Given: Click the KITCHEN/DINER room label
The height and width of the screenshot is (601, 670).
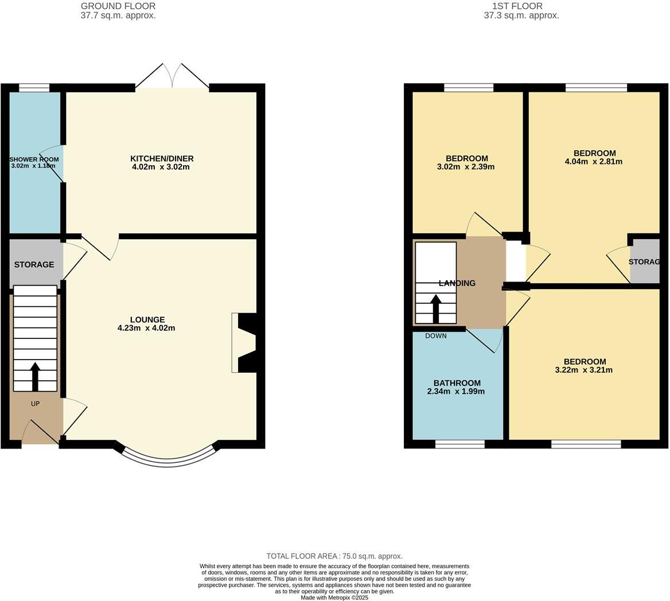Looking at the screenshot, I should coord(162,158).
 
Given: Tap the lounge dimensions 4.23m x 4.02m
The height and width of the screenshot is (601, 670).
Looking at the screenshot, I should coord(146,328).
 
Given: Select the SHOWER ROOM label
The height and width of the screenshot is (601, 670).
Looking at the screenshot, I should coord(34,159).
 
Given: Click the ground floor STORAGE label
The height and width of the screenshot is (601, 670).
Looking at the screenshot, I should coord(34,264).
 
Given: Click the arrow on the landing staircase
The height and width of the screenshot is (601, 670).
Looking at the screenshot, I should coord(435,308).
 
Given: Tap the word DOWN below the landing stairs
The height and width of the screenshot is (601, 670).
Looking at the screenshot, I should coord(436,336).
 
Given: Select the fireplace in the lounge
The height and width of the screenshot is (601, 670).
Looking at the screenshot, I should coord(244,342).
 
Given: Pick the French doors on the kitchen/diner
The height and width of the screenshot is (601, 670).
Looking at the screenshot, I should coord(172,77).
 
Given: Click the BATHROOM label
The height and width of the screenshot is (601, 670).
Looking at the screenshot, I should coord(457,383).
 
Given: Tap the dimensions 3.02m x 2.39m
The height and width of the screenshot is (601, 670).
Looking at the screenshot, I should coord(466,167).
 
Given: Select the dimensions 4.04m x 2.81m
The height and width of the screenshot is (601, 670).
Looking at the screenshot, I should coord(594,162).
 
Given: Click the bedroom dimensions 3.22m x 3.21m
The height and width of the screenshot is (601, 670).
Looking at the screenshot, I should coord(584,370).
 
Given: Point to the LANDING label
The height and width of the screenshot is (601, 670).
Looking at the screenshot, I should coord(457,283).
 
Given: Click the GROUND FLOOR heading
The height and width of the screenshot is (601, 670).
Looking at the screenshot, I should coord(118,6).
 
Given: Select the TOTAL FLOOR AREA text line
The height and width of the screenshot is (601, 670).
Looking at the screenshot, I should coord(334,556).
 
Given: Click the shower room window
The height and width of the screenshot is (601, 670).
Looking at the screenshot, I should coord(34,88).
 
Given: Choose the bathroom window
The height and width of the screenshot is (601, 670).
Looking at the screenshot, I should coord(459,444).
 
